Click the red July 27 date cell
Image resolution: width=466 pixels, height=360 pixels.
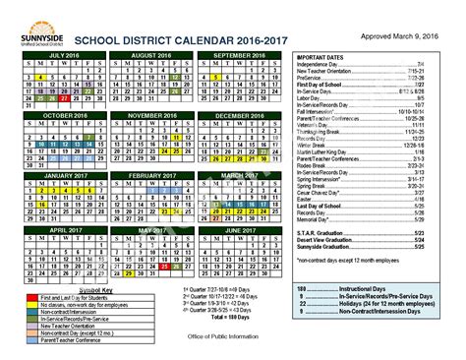tap(63, 98)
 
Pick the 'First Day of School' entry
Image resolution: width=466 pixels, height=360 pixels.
tap(324, 86)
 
